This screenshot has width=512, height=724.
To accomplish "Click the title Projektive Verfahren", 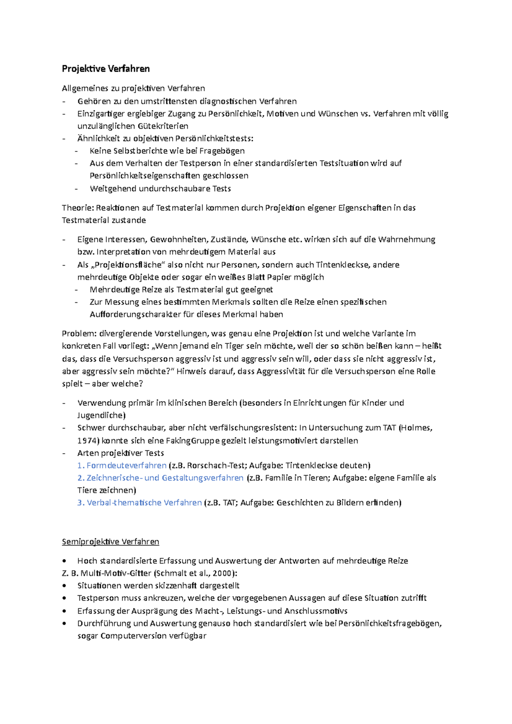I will coord(106,69).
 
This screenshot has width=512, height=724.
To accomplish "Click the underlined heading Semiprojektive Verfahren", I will coord(111,542).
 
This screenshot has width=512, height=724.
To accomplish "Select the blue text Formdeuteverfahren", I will coord(126,465).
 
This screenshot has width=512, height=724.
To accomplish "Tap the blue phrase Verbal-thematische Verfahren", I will coord(144,502).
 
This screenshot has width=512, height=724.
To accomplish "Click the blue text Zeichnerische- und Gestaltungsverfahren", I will coord(165,478).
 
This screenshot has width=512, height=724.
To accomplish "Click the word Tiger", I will coord(234,346).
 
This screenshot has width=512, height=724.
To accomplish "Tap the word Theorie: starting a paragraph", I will coord(78,208).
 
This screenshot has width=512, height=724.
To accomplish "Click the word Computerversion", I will coord(134,636).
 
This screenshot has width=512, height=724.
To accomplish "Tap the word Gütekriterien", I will coord(163,126).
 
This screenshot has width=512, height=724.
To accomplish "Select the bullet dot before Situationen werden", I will coord(64,586).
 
